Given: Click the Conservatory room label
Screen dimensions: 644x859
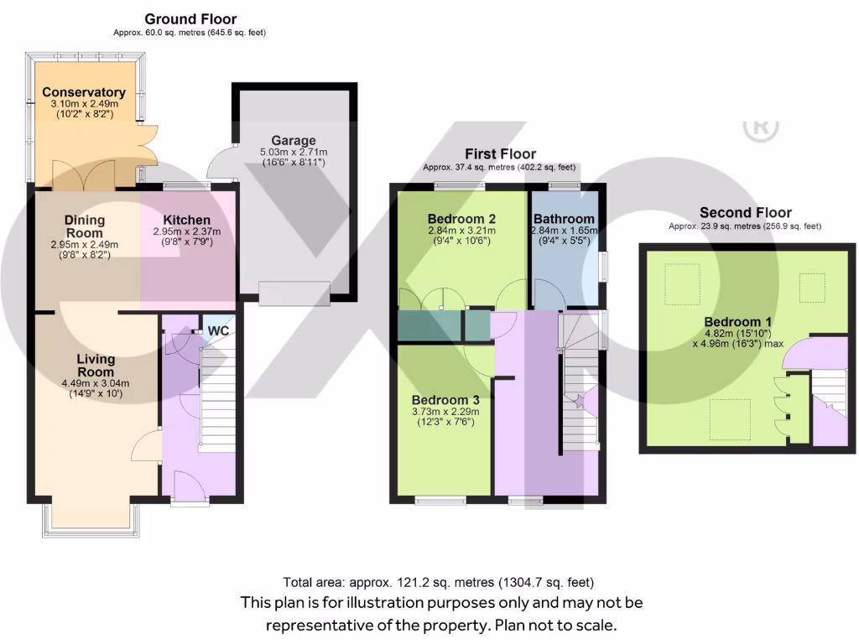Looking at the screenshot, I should (84, 92).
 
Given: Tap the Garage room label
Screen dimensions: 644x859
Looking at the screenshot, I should (294, 140).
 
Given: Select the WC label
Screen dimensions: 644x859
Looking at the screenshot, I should (218, 330).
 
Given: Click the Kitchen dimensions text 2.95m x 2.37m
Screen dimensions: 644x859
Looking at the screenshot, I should (186, 231).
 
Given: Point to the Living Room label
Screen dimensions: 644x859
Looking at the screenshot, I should (96, 366).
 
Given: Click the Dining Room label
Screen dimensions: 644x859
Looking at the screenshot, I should (84, 226).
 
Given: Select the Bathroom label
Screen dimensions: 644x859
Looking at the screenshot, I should (564, 219).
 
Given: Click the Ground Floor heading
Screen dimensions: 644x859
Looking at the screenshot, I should (190, 18).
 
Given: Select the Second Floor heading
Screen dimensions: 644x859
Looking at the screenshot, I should (745, 213).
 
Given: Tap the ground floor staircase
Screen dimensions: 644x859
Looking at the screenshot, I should (214, 398).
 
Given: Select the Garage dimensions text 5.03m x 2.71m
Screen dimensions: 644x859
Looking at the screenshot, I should (294, 153).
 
